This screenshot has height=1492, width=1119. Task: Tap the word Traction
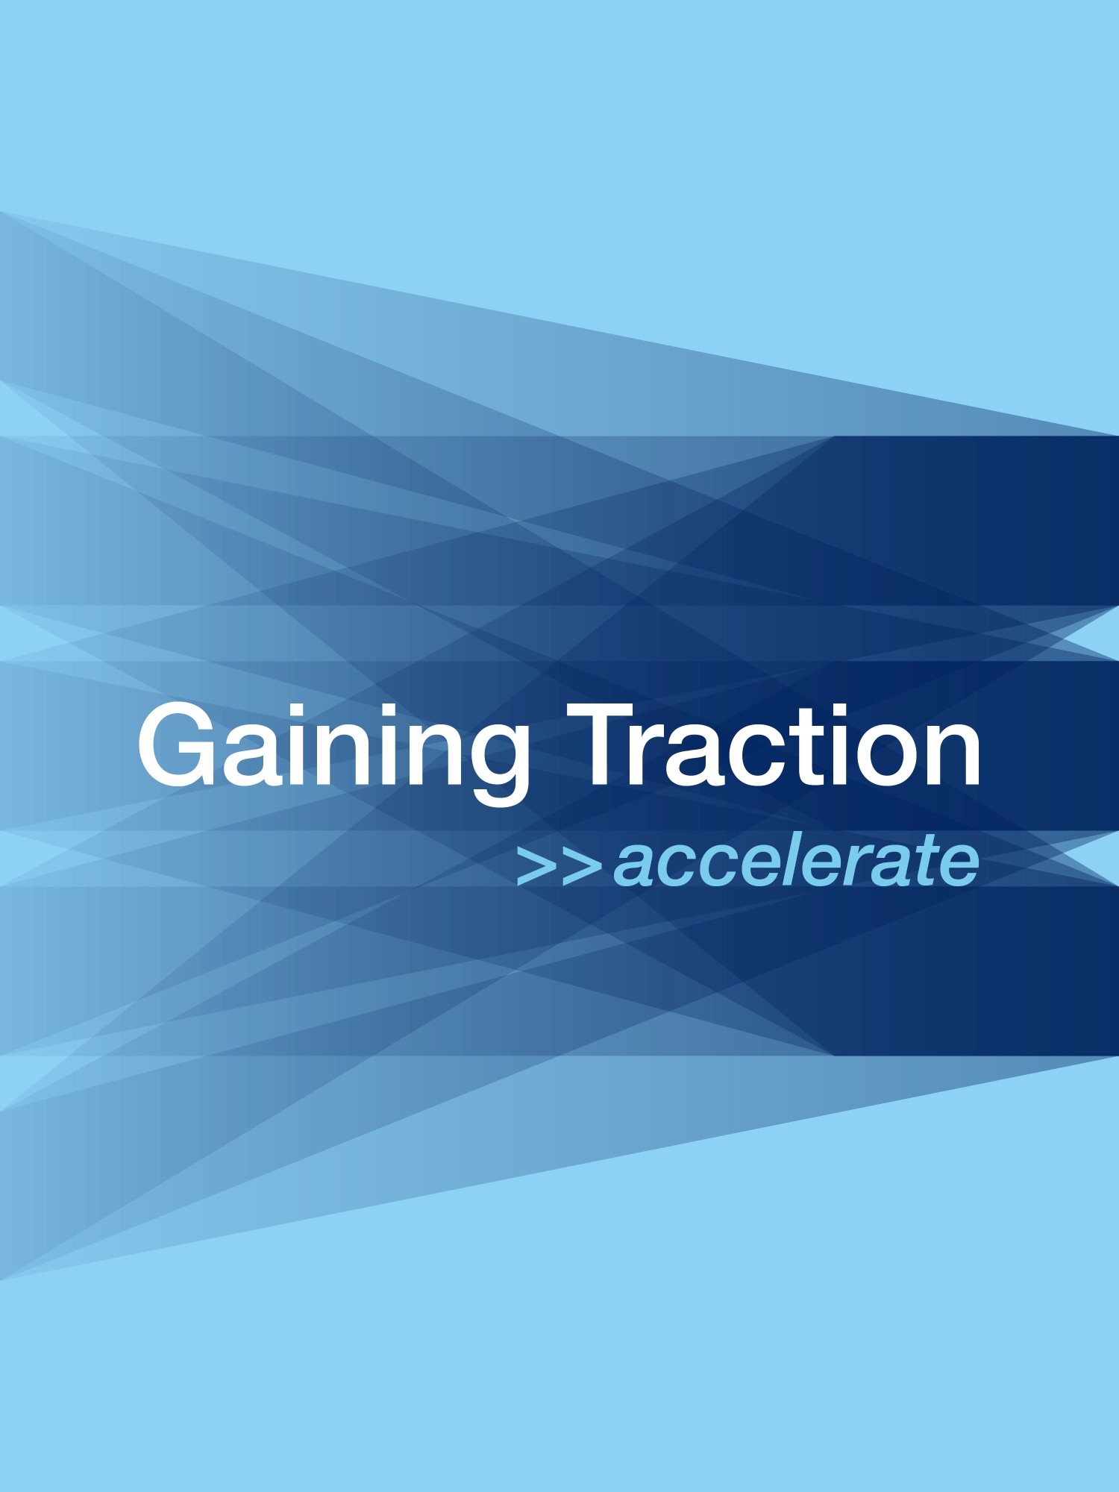click(x=774, y=745)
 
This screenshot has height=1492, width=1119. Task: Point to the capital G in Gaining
click(x=178, y=745)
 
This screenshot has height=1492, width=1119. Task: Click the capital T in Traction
click(x=604, y=745)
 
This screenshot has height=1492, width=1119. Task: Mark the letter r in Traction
click(x=662, y=756)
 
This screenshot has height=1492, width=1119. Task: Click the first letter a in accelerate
click(x=633, y=868)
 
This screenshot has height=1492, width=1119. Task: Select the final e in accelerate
click(x=959, y=868)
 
